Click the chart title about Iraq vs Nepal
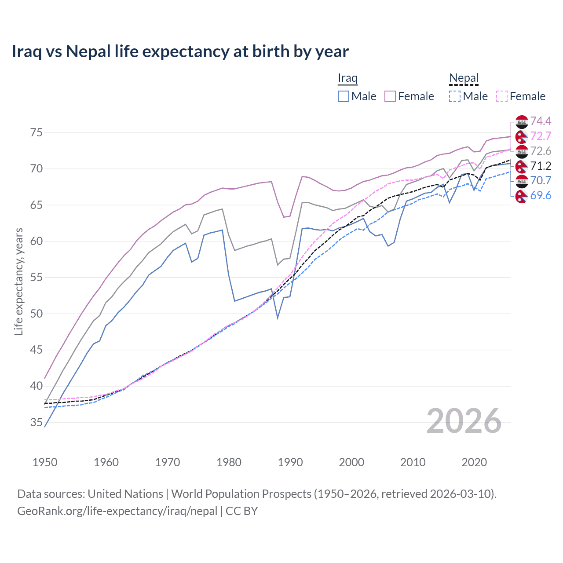pyautogui.click(x=180, y=51)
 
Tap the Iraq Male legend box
pyautogui.click(x=344, y=96)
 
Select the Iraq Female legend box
pyautogui.click(x=390, y=96)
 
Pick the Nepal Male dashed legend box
pyautogui.click(x=455, y=96)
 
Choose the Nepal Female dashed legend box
pyautogui.click(x=502, y=96)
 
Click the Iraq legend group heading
pyautogui.click(x=347, y=78)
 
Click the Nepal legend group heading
pyautogui.click(x=464, y=78)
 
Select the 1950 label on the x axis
pyautogui.click(x=45, y=462)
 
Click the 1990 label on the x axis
pyautogui.click(x=290, y=462)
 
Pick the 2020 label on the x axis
pyautogui.click(x=474, y=462)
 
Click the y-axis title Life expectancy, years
pyautogui.click(x=18, y=281)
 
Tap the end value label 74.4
pyautogui.click(x=541, y=121)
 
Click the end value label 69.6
pyautogui.click(x=541, y=195)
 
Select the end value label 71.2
pyautogui.click(x=541, y=166)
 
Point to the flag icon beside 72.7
pyautogui.click(x=522, y=136)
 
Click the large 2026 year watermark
pyautogui.click(x=464, y=421)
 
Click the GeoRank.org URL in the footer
pyautogui.click(x=117, y=511)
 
